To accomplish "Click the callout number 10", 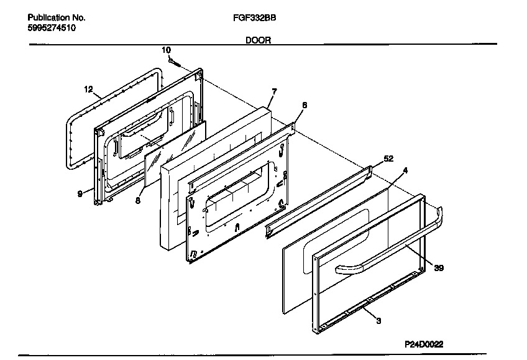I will pos(166,50).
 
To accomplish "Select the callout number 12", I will pos(88,89).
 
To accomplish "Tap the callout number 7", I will pos(274,91).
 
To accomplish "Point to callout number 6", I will pos(304,106).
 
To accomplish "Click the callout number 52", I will pos(388,159).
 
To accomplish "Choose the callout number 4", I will pos(405,169).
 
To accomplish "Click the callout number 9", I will pos(80,194).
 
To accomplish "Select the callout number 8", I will pos(137,200).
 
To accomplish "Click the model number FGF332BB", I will pos(250,18).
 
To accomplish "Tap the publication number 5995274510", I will pos(52,29).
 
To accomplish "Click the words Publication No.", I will pos(57,18).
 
